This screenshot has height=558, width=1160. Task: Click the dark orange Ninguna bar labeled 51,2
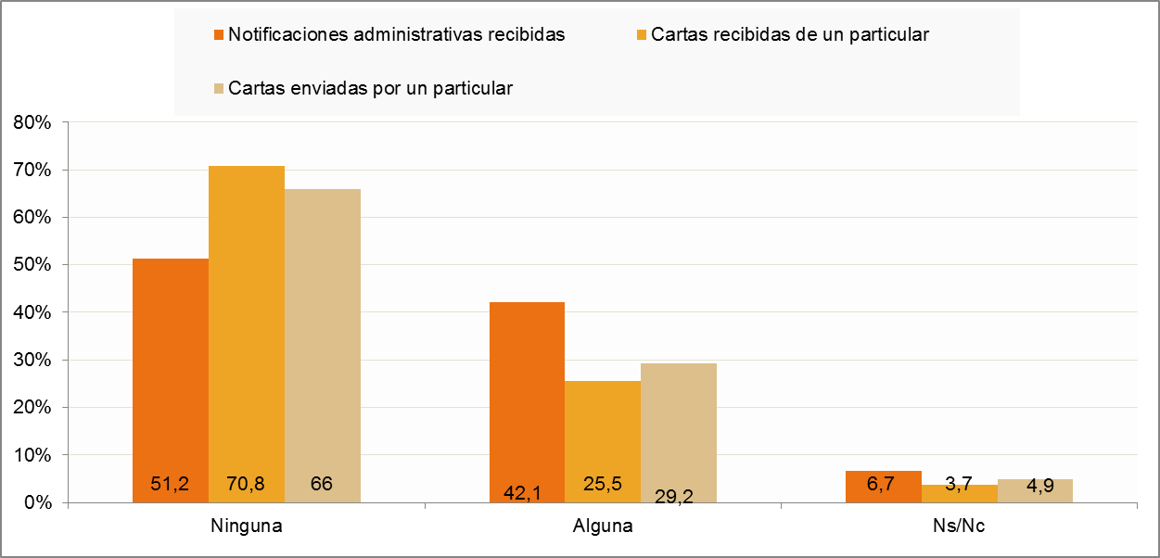pyautogui.click(x=171, y=380)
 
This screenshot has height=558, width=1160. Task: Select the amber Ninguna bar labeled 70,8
pyautogui.click(x=247, y=335)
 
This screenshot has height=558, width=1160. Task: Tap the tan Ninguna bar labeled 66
pyautogui.click(x=323, y=346)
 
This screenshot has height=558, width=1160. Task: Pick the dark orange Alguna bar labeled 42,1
pyautogui.click(x=527, y=402)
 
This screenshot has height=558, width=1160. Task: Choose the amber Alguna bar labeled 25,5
pyautogui.click(x=603, y=441)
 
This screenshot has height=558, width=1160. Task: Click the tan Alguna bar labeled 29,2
pyautogui.click(x=679, y=433)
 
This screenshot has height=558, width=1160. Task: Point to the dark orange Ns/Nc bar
pyautogui.click(x=884, y=487)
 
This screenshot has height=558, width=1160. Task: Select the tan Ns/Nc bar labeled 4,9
pyautogui.click(x=1035, y=490)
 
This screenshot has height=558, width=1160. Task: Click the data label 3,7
pyautogui.click(x=959, y=484)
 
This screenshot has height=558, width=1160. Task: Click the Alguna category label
pyautogui.click(x=603, y=526)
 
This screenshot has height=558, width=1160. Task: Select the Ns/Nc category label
pyautogui.click(x=959, y=526)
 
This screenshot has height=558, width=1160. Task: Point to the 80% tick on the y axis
pyautogui.click(x=32, y=122)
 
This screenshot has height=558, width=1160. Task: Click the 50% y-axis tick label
pyautogui.click(x=32, y=265)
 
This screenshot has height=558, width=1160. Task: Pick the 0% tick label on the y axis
pyautogui.click(x=38, y=502)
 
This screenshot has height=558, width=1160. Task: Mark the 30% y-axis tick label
pyautogui.click(x=32, y=361)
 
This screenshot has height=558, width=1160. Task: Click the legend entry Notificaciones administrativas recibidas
pyautogui.click(x=389, y=34)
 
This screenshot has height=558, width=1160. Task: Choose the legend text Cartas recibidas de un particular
pyautogui.click(x=790, y=34)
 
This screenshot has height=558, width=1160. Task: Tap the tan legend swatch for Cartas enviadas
pyautogui.click(x=219, y=88)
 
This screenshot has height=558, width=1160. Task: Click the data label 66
pyautogui.click(x=321, y=484)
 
